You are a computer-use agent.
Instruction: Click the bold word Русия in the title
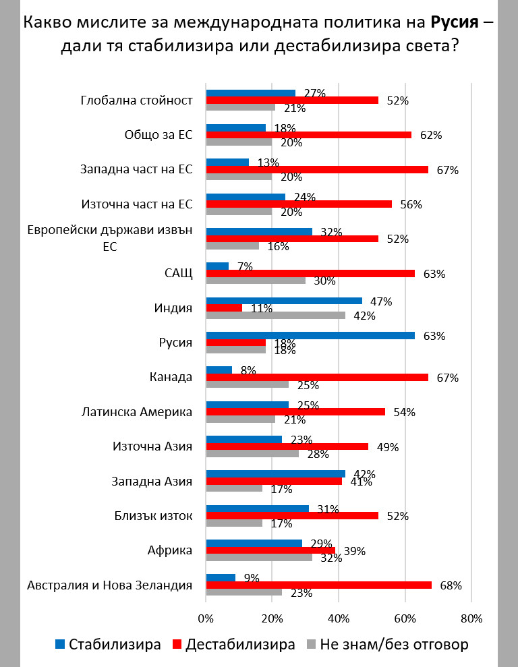coord(454,22)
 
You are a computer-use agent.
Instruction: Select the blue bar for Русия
coord(310,335)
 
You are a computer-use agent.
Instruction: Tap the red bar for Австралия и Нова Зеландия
coord(318,585)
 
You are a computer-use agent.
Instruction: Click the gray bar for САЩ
coord(255,281)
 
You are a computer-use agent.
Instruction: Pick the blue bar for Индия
coord(283,301)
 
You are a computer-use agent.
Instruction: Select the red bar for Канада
coord(316,377)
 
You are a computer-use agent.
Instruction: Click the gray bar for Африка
coord(258,558)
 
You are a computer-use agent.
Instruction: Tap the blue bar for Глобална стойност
coord(250,93)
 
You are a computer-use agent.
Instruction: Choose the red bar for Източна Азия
coord(287,446)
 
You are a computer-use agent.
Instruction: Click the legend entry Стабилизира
coord(107,643)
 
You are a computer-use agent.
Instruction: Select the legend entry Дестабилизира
coord(232,643)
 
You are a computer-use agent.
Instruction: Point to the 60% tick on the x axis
coord(405,618)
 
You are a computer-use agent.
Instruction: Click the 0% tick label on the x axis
coord(206,618)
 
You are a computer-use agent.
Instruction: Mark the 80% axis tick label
coord(471,618)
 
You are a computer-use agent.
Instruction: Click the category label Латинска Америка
coord(137,411)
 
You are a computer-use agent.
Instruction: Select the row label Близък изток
coord(154,516)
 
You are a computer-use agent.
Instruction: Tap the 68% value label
coord(451,585)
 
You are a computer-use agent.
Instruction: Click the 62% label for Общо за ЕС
coord(431,135)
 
